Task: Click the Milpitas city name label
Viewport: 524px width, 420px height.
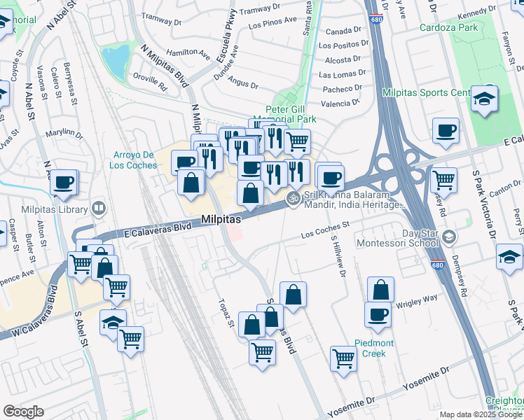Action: [x=221, y=220]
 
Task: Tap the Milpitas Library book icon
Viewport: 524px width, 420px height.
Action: [x=99, y=208]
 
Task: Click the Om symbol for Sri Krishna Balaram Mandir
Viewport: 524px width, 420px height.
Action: [x=294, y=199]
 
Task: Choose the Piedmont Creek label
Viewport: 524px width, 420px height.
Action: [x=369, y=348]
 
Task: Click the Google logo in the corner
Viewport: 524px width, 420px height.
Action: [x=23, y=411]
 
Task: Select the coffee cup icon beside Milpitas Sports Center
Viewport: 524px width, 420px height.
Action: [x=446, y=130]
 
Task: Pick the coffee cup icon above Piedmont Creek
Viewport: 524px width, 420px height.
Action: [x=378, y=314]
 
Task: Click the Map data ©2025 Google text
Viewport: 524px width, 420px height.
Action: [x=480, y=414]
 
